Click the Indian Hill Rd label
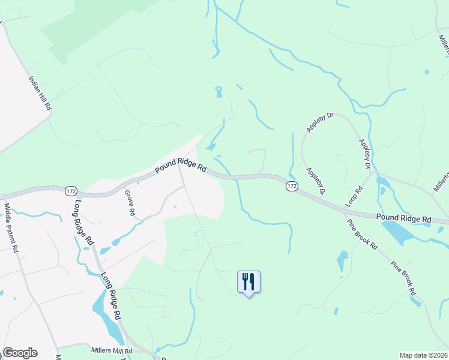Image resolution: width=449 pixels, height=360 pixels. coord(40,92)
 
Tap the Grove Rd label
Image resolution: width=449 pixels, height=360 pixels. coord(128,203)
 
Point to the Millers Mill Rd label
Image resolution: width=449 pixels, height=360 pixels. coord(111,350)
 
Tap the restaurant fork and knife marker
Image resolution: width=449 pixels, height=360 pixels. coord(249,281)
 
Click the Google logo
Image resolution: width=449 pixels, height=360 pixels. coord(20,353)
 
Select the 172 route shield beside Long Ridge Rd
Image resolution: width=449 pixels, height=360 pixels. coord(71,190)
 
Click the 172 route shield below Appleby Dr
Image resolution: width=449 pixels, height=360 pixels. coord(292,186)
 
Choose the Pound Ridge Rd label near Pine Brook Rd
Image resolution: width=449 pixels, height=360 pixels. coord(403,220)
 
